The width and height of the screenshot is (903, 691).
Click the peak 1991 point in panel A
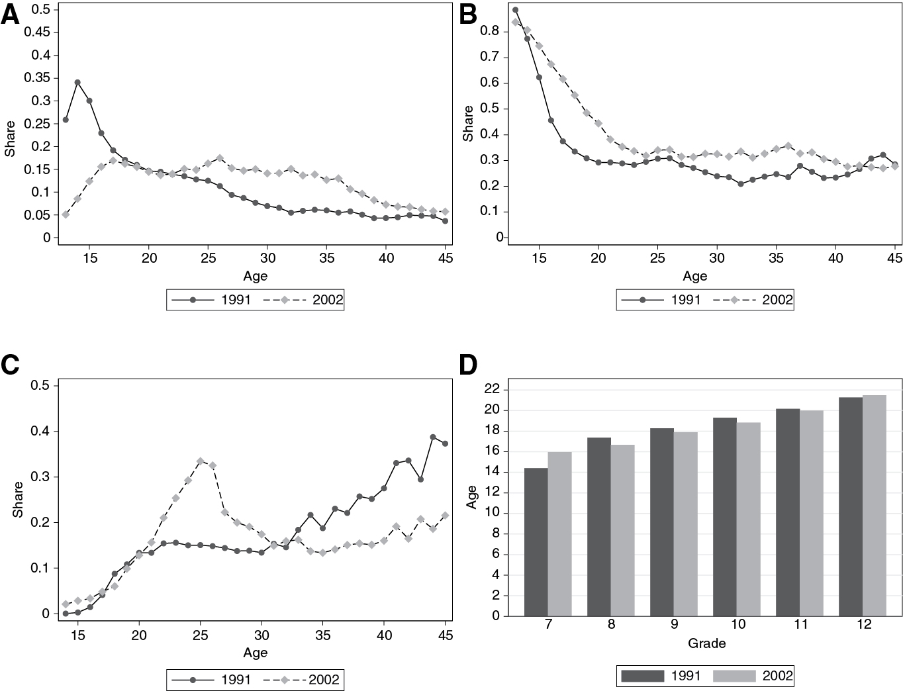coord(77,83)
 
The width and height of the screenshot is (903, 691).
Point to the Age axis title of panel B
coord(694,276)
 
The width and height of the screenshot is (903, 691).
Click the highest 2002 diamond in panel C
coord(201,461)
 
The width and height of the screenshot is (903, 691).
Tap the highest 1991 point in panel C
coord(433,437)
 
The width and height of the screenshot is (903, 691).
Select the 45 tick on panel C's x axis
coord(445,635)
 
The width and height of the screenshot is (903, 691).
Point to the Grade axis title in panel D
coord(706,643)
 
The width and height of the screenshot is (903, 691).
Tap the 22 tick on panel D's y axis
coord(491,390)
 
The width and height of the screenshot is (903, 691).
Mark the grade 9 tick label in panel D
coord(674,625)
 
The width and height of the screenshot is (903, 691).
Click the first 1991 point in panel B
coord(516,10)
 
